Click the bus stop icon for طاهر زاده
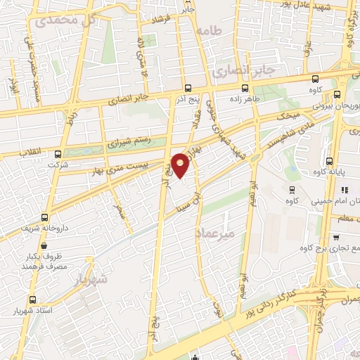tap(245, 89)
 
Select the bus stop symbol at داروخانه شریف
tap(45, 218)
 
